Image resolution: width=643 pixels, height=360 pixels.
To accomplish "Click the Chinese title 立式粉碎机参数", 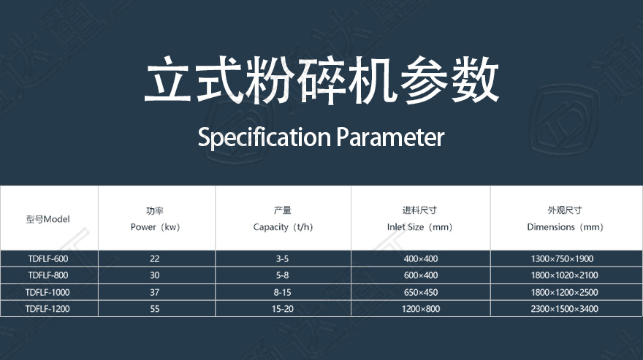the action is click(x=322, y=80).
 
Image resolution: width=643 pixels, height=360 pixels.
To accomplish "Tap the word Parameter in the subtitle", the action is click(x=390, y=137).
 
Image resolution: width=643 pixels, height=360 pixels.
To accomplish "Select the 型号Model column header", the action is click(x=48, y=219).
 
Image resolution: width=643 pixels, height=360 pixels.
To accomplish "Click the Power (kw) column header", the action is click(x=155, y=219).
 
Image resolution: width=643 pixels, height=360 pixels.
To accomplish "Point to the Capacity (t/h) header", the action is click(x=283, y=219).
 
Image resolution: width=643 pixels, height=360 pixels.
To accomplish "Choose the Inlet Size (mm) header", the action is click(x=420, y=219).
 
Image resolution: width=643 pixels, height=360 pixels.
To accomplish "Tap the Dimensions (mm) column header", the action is click(x=565, y=219).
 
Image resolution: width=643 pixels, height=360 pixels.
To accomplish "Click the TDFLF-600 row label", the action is click(x=48, y=258).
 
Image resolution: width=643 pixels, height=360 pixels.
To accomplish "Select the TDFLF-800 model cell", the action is click(x=48, y=275).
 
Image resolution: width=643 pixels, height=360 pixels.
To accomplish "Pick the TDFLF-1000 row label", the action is click(x=47, y=292).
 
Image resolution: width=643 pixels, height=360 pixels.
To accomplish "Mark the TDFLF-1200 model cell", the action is click(x=47, y=309).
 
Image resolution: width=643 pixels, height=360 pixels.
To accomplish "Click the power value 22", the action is click(x=155, y=258).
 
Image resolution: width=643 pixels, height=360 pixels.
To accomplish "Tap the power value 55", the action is click(x=155, y=309).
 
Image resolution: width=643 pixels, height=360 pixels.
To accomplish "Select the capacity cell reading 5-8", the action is click(x=282, y=275).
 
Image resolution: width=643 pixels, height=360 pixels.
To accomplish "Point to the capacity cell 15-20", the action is click(x=283, y=309).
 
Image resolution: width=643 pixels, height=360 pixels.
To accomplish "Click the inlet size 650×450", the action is click(x=421, y=292).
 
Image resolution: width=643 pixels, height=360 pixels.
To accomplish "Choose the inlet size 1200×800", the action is click(x=421, y=309).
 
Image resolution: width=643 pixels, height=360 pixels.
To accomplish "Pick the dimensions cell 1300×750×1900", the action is click(x=562, y=258).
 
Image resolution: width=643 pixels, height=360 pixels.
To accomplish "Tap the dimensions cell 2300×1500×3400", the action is click(x=564, y=309).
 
